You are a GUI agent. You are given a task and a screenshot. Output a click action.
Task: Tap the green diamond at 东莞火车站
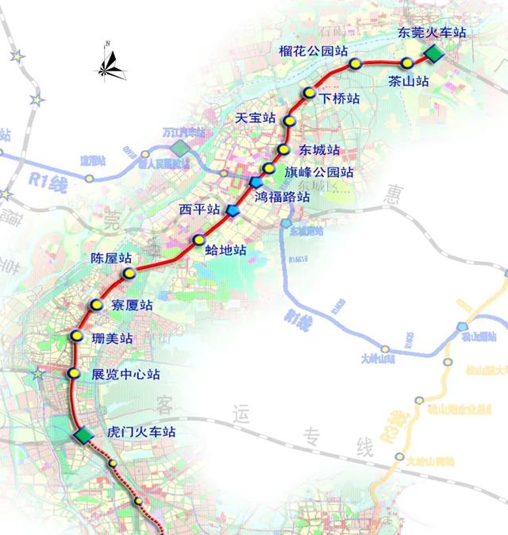434,53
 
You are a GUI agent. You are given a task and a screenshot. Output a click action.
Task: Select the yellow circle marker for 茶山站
407,63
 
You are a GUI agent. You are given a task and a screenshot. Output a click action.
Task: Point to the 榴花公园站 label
314,50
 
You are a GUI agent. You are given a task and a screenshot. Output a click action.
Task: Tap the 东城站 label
319,149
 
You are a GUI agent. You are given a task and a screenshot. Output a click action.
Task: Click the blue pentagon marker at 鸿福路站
256,183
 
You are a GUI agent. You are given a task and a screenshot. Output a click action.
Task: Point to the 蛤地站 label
225,249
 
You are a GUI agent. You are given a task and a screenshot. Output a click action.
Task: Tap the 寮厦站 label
130,305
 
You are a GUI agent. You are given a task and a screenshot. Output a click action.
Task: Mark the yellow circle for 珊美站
77,336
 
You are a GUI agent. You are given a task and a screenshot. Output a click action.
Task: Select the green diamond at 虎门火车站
82,435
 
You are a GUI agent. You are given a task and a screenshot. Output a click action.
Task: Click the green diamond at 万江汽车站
183,148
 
